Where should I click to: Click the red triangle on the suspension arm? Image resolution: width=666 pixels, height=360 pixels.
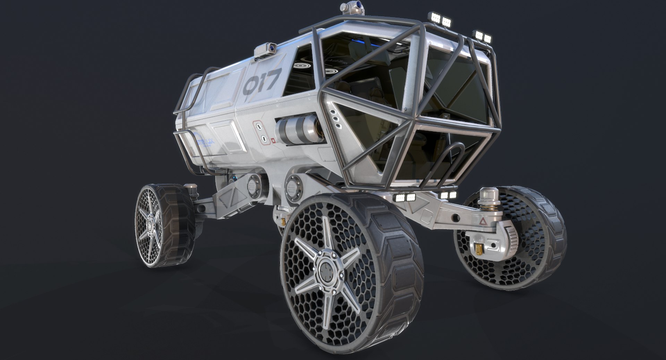pos(482,221)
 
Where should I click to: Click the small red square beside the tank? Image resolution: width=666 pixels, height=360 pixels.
pos(273,141)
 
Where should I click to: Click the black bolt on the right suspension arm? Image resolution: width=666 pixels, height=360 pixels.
pos(455,218)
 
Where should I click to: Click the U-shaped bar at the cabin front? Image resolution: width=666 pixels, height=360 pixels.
pos(447,163)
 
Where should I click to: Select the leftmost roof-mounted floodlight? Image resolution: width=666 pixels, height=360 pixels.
pos(434,16)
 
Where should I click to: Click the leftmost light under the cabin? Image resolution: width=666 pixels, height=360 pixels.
pos(400,198)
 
